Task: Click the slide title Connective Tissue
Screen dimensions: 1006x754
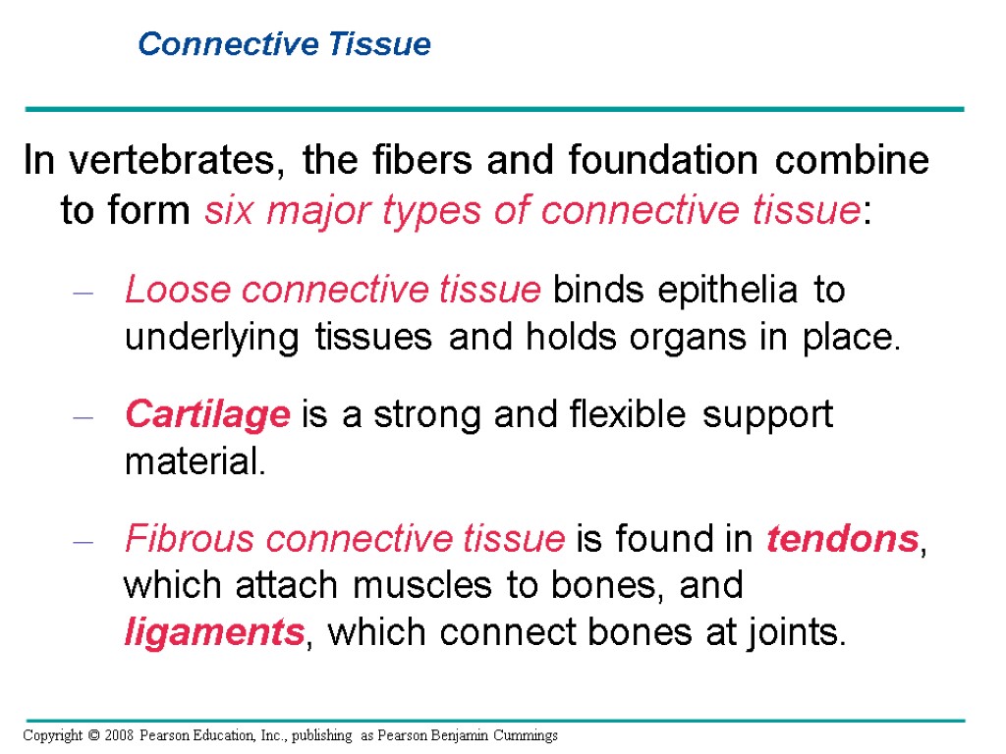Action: point(284,44)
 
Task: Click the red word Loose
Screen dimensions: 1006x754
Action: point(177,290)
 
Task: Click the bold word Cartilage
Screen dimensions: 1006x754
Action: point(207,415)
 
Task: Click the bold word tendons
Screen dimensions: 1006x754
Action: point(842,539)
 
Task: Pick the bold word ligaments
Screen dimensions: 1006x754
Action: point(213,633)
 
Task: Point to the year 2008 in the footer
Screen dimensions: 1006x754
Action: point(116,735)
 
